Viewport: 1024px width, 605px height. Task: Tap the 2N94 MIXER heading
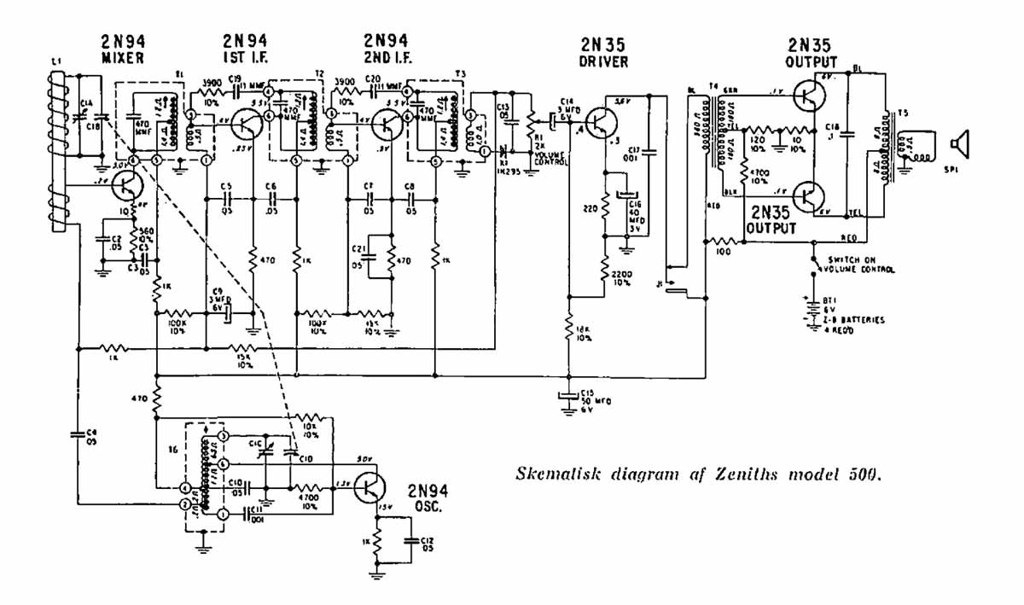(121, 49)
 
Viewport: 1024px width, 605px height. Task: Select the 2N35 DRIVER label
(603, 54)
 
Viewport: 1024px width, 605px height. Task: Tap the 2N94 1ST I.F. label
(245, 49)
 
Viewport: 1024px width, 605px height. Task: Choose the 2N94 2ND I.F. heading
(386, 49)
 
